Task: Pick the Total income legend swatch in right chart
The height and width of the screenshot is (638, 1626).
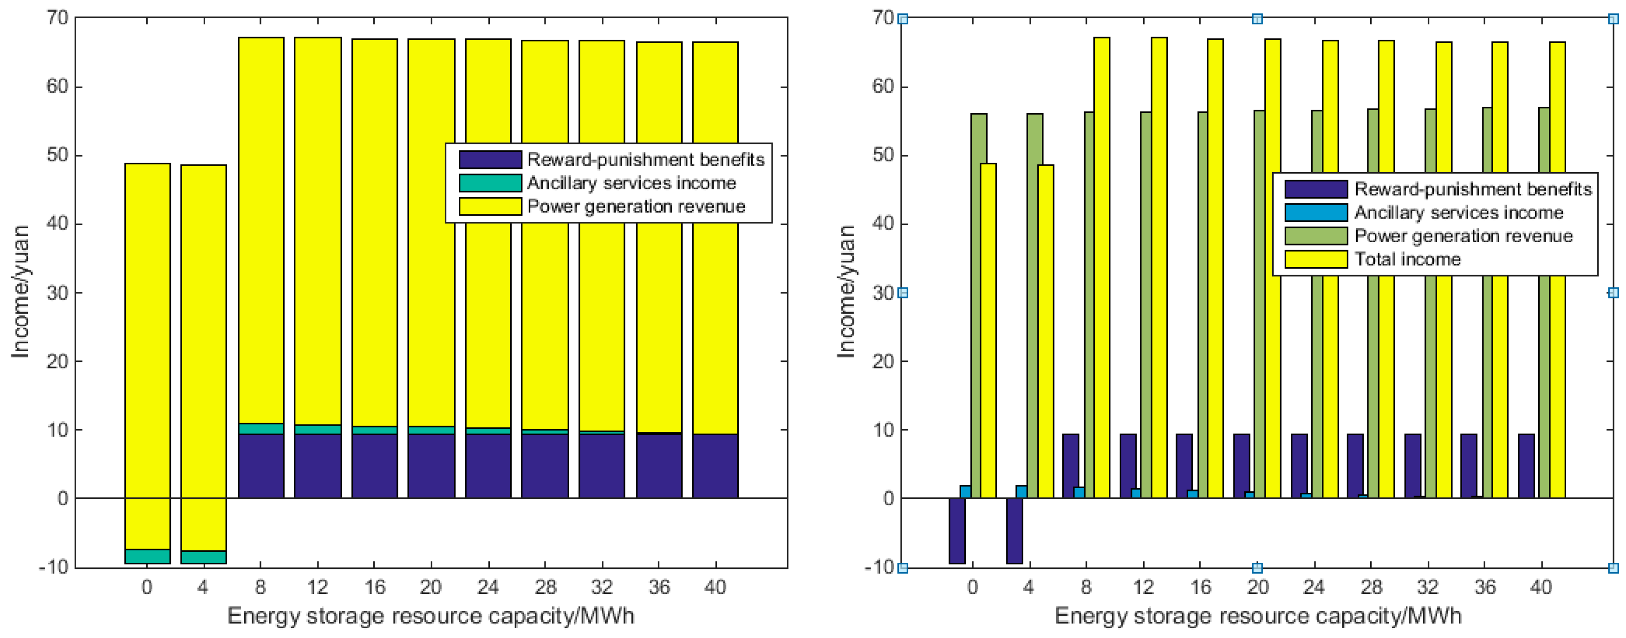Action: tap(1315, 259)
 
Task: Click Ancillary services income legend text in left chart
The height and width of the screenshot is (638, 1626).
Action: tap(631, 183)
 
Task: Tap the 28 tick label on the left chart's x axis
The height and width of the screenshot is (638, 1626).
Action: tap(546, 587)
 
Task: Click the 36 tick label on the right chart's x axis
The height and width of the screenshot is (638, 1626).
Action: tap(1484, 587)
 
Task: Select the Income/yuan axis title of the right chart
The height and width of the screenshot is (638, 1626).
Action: tap(846, 291)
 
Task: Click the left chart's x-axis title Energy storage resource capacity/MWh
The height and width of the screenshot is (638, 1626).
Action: tap(430, 616)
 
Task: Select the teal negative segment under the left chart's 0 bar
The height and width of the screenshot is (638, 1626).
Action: tap(147, 557)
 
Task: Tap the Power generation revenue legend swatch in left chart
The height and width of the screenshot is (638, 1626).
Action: tap(490, 206)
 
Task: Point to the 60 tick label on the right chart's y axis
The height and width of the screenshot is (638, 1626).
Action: tap(883, 86)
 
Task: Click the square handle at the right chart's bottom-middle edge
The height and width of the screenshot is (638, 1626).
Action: tap(1257, 568)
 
